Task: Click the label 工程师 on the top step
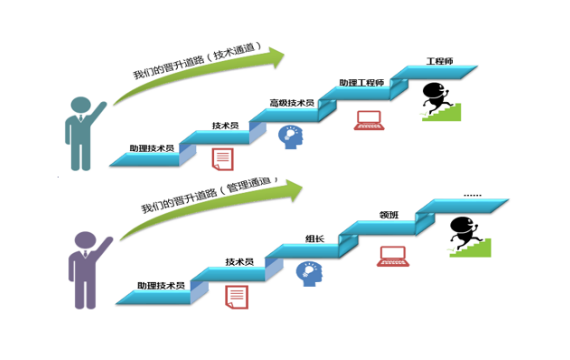pos(440,61)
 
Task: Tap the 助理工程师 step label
pos(361,83)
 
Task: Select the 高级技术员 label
pos(292,103)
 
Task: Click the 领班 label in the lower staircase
pos(389,215)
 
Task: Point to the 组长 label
pos(315,239)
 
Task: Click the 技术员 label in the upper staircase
pos(225,125)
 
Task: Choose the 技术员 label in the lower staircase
pos(239,262)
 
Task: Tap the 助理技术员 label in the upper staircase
pos(152,148)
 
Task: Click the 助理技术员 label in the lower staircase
pos(161,285)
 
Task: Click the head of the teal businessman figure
pos(81,105)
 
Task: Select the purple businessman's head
pos(86,240)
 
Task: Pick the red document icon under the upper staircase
pos(222,159)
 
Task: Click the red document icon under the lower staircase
pos(237,297)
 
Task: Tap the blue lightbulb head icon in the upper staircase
pos(291,137)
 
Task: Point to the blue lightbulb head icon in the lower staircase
pos(309,274)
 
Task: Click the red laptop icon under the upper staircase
pos(369,120)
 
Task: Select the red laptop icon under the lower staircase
pos(393,256)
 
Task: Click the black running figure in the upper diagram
pos(435,97)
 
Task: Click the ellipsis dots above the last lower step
pos(473,196)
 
